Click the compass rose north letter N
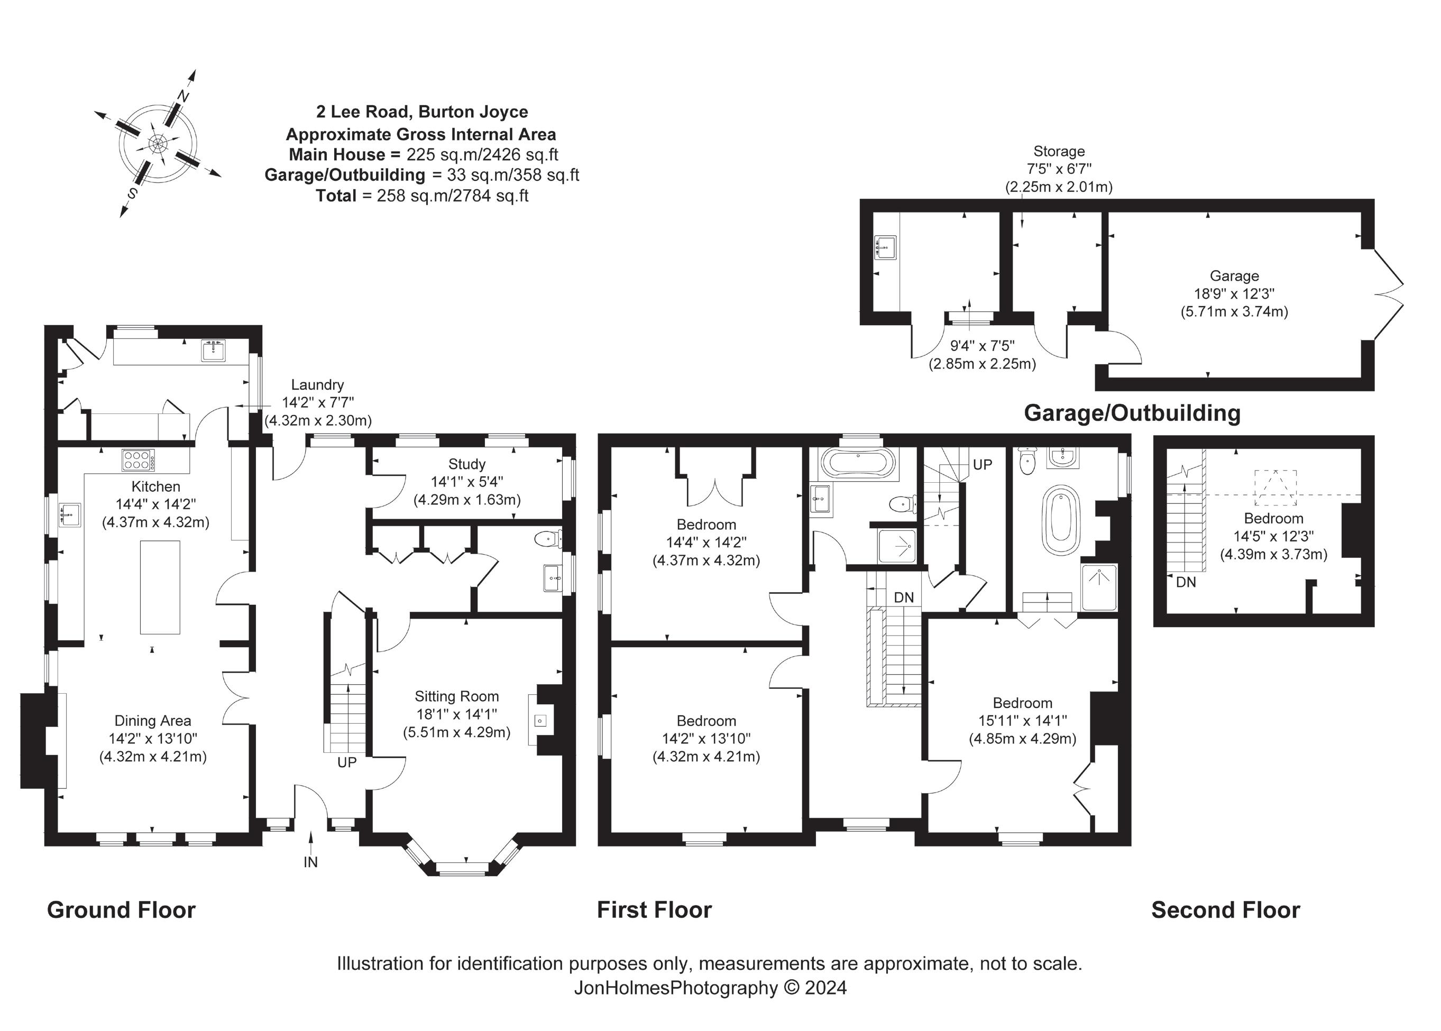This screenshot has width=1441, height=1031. pyautogui.click(x=184, y=97)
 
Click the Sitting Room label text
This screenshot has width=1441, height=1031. pyautogui.click(x=456, y=696)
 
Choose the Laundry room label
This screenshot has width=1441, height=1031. pyautogui.click(x=317, y=385)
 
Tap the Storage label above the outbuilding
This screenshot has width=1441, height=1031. pyautogui.click(x=1058, y=151)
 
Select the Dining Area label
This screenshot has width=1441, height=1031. pyautogui.click(x=152, y=721)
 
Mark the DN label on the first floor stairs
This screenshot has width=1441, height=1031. pyautogui.click(x=903, y=597)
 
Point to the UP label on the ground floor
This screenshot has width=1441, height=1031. pyautogui.click(x=346, y=762)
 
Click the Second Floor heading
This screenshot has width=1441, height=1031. pyautogui.click(x=1225, y=910)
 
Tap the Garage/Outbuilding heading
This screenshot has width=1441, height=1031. pyautogui.click(x=1132, y=413)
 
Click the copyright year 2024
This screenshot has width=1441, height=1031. pyautogui.click(x=825, y=988)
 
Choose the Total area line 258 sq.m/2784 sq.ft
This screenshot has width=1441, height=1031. pyautogui.click(x=422, y=196)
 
